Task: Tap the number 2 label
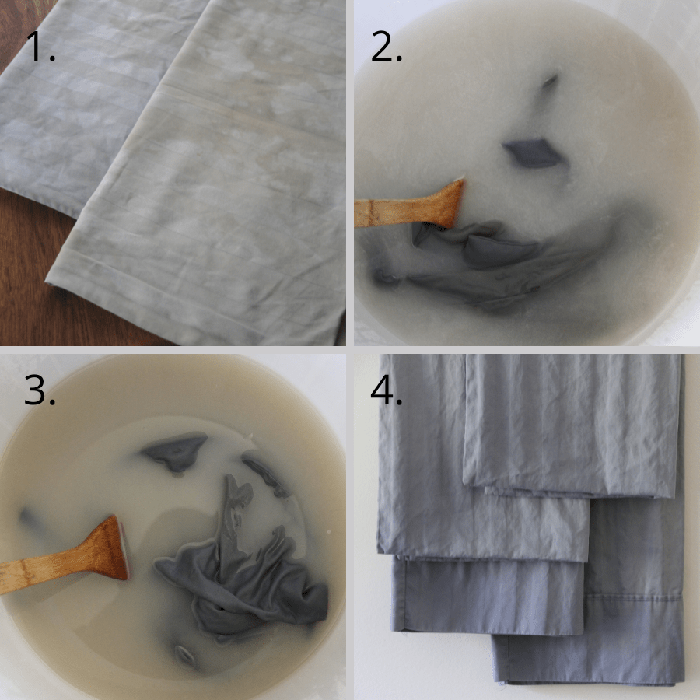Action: click(x=387, y=47)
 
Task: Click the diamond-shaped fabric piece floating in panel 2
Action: click(x=530, y=152)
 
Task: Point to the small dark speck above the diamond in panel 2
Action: click(x=550, y=79)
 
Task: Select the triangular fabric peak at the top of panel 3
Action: click(x=175, y=449)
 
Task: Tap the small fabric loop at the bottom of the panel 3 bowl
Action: click(x=184, y=653)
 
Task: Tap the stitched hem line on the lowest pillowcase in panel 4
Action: click(x=591, y=598)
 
